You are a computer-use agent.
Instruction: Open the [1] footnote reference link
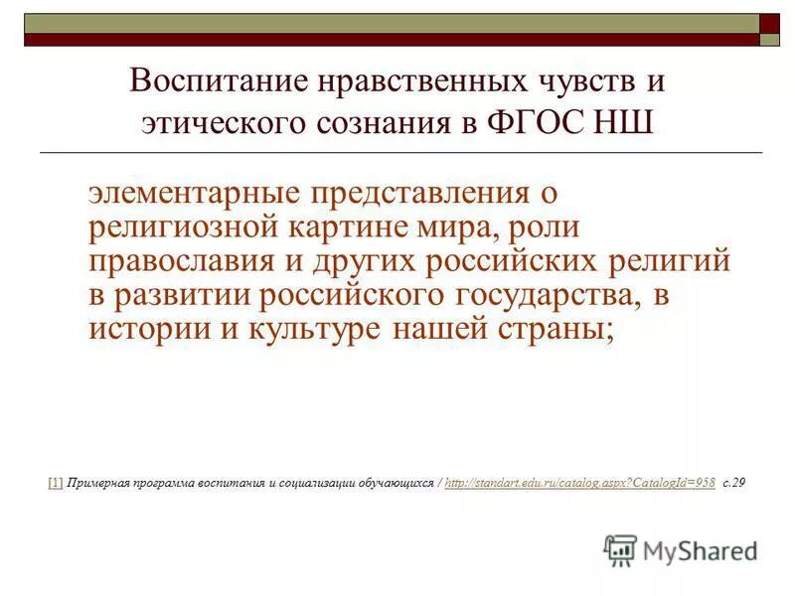coord(55,483)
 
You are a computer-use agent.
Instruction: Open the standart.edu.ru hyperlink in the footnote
coord(580,483)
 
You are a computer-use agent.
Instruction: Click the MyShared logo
coord(681,549)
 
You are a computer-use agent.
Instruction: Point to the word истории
coord(141,329)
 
